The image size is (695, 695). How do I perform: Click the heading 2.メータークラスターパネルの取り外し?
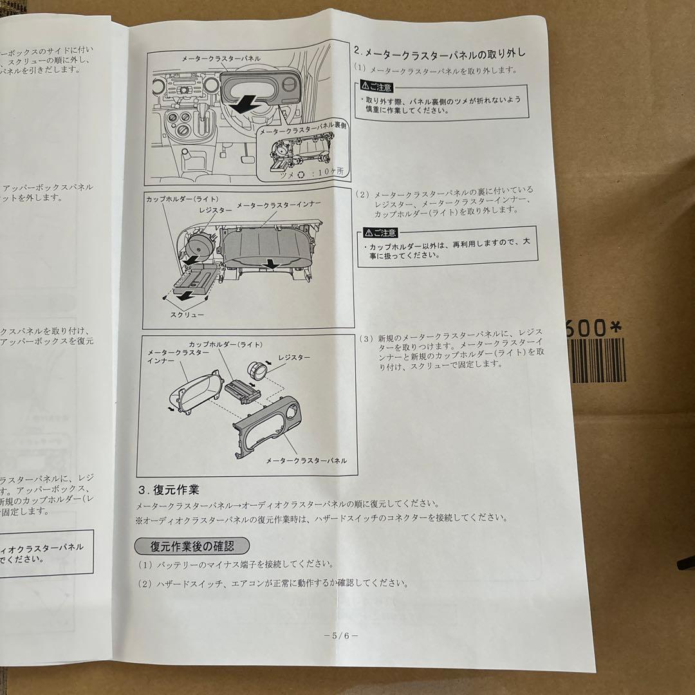[x=440, y=51]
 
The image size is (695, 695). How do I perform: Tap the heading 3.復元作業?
[x=169, y=489]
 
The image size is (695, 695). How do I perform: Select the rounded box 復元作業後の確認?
[x=183, y=546]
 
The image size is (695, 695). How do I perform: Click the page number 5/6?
[x=342, y=635]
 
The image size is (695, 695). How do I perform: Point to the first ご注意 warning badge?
[x=374, y=86]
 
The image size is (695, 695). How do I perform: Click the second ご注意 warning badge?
[x=379, y=232]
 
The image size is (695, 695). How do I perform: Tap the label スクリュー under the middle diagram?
[x=187, y=315]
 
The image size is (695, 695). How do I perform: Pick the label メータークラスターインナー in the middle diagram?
[x=279, y=205]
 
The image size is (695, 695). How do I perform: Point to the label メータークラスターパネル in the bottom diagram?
[x=306, y=461]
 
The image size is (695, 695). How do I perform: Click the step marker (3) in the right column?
[x=366, y=338]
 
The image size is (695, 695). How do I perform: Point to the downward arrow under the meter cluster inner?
[x=272, y=263]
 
